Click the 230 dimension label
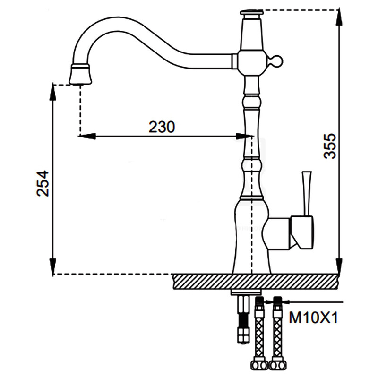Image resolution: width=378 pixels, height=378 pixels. (x=162, y=127)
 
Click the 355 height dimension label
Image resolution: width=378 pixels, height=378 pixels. (x=329, y=146)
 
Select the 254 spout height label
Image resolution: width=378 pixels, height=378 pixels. (x=43, y=184)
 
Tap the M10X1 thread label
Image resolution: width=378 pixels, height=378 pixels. (x=313, y=317)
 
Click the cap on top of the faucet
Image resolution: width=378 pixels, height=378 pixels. (x=251, y=13)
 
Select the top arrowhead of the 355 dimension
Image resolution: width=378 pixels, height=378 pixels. (x=339, y=17)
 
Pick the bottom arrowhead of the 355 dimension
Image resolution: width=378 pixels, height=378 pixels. (x=339, y=266)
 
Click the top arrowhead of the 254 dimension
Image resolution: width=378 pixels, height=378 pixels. (x=53, y=92)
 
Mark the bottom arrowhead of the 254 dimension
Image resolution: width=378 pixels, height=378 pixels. (x=53, y=266)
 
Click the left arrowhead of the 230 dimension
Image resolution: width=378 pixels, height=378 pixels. (x=87, y=137)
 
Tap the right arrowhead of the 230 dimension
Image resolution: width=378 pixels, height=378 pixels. (x=244, y=137)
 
